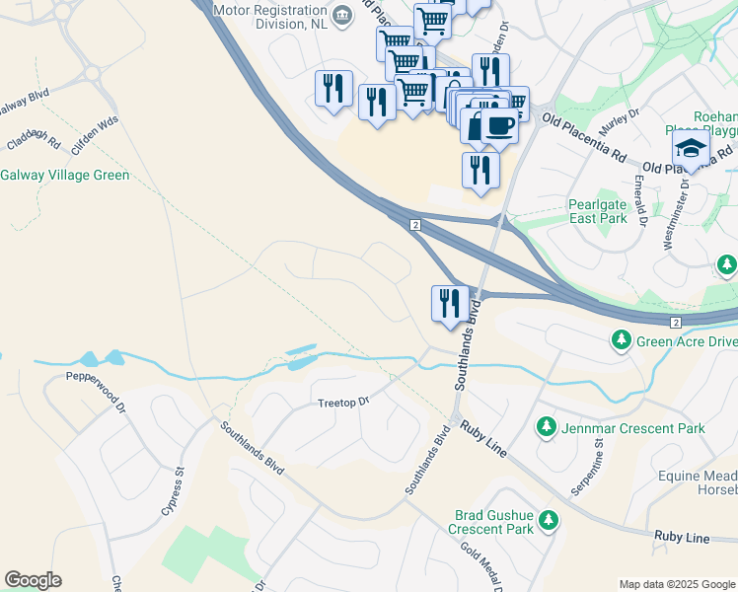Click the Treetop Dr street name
[342, 403]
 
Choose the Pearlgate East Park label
[598, 211]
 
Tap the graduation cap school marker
[691, 149]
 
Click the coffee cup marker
[499, 126]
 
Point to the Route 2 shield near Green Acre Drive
[676, 323]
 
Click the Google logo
[33, 580]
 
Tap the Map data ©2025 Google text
[676, 584]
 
